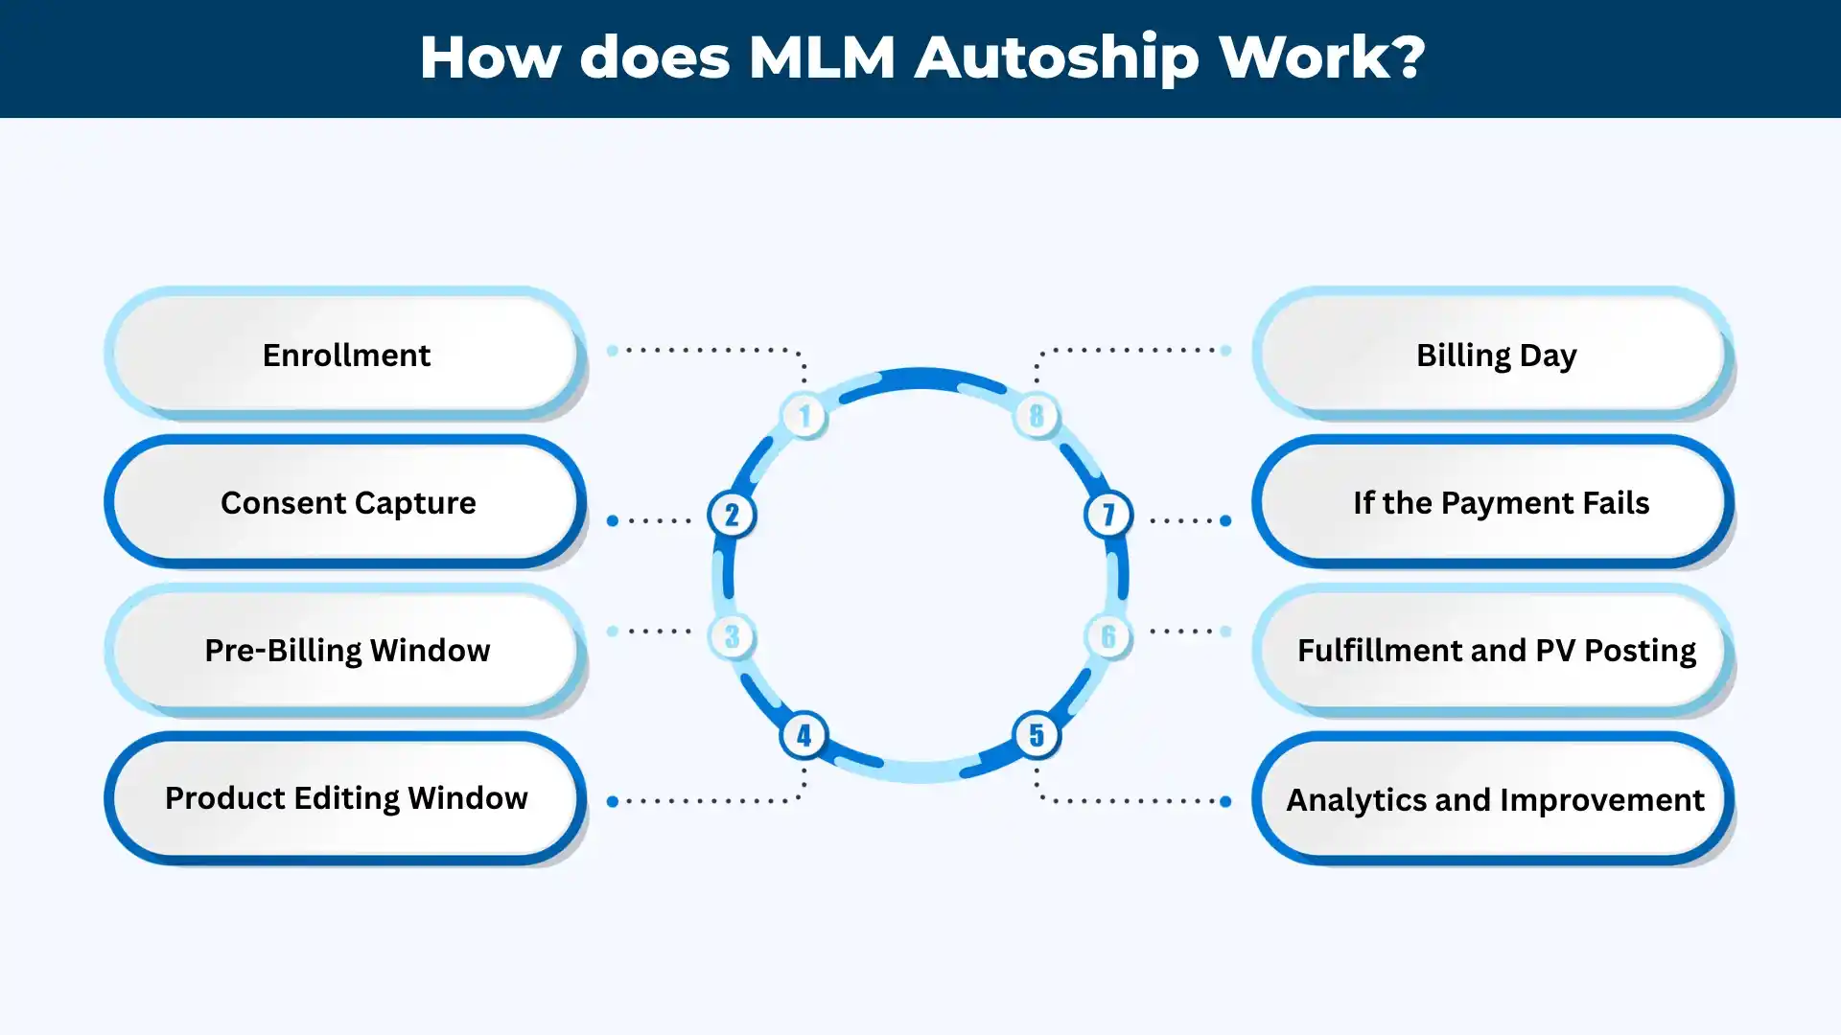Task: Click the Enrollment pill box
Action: click(x=345, y=355)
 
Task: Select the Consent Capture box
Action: click(x=345, y=502)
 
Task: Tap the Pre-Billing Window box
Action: click(x=345, y=650)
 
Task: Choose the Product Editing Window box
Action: click(x=345, y=797)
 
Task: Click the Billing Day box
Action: click(x=1494, y=355)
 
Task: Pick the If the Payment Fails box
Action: click(x=1494, y=502)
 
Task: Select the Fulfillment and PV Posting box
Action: click(x=1494, y=650)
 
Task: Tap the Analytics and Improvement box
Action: click(x=1494, y=798)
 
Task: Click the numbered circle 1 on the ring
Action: click(x=804, y=416)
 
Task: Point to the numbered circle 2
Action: click(x=732, y=515)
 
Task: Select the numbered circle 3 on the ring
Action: click(x=732, y=636)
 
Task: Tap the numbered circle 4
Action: click(x=804, y=735)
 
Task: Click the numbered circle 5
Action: click(x=1037, y=735)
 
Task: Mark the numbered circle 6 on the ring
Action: click(x=1108, y=636)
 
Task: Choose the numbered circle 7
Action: click(x=1108, y=515)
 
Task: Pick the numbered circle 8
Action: click(x=1037, y=416)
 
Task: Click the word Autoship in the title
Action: click(x=1057, y=57)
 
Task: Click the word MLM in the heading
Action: click(x=822, y=57)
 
